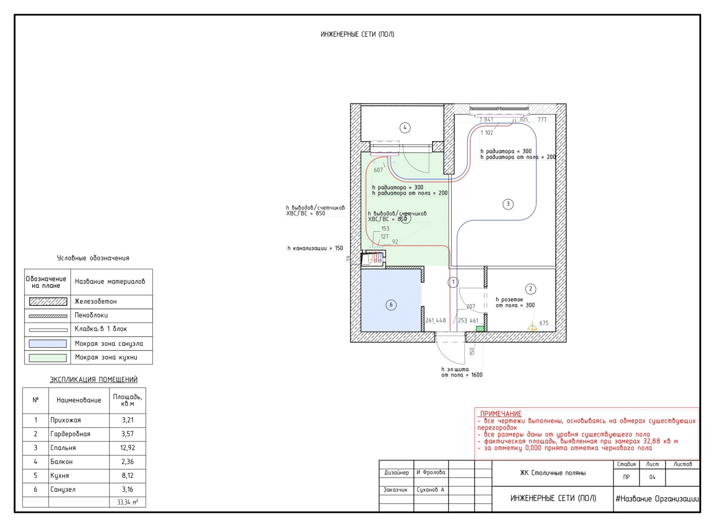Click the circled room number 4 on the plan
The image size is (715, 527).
click(405, 128)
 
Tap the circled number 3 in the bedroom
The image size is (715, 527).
click(508, 204)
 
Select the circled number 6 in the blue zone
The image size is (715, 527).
click(391, 305)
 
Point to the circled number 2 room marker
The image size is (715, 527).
click(530, 289)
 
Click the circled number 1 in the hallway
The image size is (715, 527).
click(453, 282)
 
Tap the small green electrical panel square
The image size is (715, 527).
click(480, 329)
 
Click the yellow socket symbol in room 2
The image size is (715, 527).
click(532, 327)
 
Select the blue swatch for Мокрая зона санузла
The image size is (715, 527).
click(48, 343)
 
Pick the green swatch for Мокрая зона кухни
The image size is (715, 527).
click(48, 358)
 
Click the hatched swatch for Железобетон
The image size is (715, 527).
click(48, 301)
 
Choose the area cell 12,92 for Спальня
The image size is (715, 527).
click(127, 448)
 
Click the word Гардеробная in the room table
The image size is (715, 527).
click(70, 434)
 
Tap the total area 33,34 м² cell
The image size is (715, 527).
click(127, 502)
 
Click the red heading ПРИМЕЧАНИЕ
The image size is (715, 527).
click(500, 414)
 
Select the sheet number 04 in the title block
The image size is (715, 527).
click(652, 477)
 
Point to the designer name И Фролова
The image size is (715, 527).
click(431, 473)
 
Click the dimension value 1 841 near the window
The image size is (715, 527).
click(487, 119)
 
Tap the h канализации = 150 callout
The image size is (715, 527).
click(315, 248)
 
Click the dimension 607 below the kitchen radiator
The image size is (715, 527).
click(378, 170)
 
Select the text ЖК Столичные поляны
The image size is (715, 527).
click(552, 473)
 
